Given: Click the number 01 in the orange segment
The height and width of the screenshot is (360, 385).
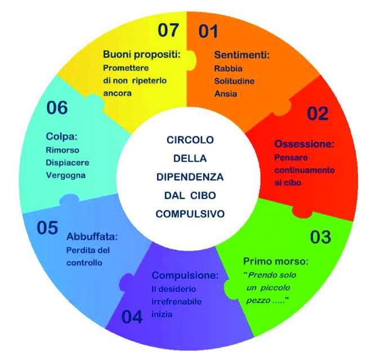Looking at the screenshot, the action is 208,31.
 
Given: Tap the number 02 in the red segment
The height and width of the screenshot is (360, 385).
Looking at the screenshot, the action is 317,113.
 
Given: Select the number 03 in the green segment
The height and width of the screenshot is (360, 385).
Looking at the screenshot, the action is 320,237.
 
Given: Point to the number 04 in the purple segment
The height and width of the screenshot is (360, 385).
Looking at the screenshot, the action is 132,317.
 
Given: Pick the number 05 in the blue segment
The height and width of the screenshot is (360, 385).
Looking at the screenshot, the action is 47,228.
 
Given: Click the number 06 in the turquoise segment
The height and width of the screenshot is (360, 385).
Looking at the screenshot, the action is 57,108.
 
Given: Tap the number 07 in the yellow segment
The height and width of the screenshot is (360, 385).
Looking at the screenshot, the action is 168,30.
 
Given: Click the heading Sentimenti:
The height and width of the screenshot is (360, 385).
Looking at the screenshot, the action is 242,55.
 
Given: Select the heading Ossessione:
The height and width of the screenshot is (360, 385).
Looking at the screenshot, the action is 305,144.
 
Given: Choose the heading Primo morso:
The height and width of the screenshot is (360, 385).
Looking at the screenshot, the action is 276,261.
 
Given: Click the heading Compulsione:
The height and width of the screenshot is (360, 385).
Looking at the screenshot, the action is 185,275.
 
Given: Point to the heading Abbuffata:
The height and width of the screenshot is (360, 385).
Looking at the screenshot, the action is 92,237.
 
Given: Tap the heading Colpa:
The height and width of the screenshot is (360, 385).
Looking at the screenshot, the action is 61,136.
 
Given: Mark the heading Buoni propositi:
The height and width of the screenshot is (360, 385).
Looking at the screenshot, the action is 142,54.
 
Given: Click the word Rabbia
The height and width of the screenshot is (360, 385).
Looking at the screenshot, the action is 229,69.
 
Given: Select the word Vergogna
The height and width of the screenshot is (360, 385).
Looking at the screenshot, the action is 66,175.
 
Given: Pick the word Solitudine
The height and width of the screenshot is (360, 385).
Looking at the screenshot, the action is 234,81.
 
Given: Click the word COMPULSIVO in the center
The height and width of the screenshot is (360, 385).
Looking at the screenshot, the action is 190,214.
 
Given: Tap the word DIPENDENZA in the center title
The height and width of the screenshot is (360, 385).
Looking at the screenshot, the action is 190,177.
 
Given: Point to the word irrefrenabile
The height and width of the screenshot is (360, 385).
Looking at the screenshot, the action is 177,301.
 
